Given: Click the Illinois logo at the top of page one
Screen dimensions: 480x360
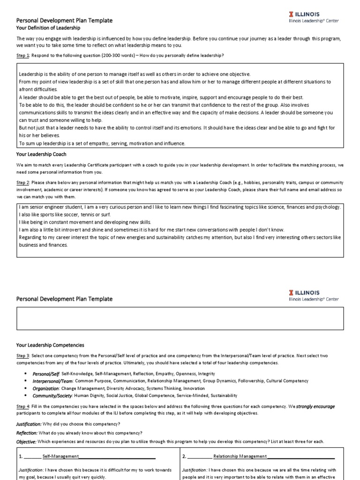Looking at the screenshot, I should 313,17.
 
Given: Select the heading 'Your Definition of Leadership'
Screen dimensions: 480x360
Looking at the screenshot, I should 48,28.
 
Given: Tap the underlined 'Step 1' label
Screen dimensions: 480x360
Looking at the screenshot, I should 23,55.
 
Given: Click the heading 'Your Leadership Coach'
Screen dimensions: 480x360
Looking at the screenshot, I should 41,154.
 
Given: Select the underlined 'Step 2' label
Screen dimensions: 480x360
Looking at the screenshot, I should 23,182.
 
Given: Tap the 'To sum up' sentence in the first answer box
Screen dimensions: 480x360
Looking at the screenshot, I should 102,143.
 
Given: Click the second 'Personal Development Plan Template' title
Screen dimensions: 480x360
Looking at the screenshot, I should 64,299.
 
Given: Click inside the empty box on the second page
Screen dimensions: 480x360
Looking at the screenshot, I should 180,319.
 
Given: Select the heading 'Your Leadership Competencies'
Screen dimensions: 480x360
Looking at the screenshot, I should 50,345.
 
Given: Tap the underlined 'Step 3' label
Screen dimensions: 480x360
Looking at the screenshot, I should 23,356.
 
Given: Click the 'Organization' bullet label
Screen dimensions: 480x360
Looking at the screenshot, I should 45,389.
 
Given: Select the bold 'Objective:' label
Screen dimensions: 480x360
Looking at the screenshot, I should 26,442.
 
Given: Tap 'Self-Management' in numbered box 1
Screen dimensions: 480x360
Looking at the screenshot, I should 60,456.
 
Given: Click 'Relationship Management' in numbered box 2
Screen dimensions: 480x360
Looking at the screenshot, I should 240,456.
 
